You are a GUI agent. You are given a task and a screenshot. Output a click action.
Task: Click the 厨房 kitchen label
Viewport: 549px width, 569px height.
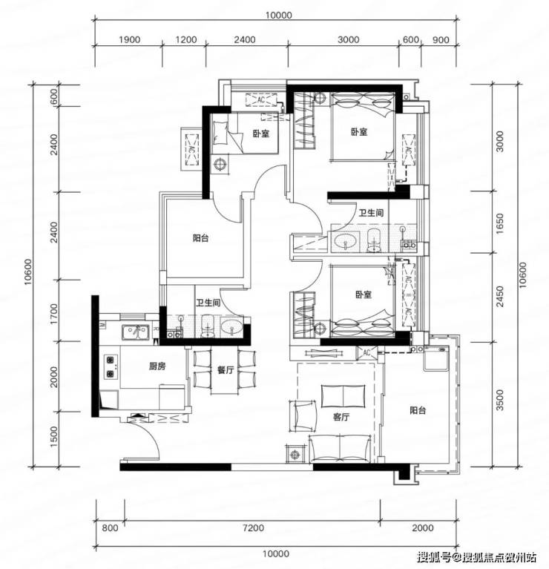coord(157,366)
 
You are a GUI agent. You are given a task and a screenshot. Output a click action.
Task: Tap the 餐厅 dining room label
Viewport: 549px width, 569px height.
coord(226,370)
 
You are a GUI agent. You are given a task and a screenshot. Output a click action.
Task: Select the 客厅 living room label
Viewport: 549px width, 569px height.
coord(341,418)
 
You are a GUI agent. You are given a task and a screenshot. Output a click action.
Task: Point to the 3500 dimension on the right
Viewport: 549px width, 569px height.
coord(500,400)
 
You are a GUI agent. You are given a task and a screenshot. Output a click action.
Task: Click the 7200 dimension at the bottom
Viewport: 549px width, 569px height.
coord(253,527)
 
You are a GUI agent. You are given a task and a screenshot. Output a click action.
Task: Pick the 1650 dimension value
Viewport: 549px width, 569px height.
coord(500,223)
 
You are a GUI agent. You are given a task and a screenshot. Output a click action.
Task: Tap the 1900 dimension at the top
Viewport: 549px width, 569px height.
coord(130,39)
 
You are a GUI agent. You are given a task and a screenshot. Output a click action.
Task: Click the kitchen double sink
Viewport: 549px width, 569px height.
coord(136,332)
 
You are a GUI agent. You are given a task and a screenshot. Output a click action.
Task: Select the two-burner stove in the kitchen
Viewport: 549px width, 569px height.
coord(111,366)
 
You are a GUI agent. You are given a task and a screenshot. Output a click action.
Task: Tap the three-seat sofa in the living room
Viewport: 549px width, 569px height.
coord(340,449)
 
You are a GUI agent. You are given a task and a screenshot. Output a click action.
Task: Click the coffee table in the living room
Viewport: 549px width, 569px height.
coord(343,396)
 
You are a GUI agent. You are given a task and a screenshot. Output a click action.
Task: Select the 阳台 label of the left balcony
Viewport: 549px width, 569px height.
coord(200,238)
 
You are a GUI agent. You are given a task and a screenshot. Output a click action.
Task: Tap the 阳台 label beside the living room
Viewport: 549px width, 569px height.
coord(418,410)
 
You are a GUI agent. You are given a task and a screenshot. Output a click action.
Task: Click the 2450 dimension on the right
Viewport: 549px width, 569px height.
coord(500,297)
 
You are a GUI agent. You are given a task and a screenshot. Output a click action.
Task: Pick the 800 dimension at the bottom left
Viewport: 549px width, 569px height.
coord(110,527)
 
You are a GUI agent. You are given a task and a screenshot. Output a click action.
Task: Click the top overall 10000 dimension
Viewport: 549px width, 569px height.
coord(278,16)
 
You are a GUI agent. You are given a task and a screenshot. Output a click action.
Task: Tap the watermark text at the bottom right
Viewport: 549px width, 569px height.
coord(476,556)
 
